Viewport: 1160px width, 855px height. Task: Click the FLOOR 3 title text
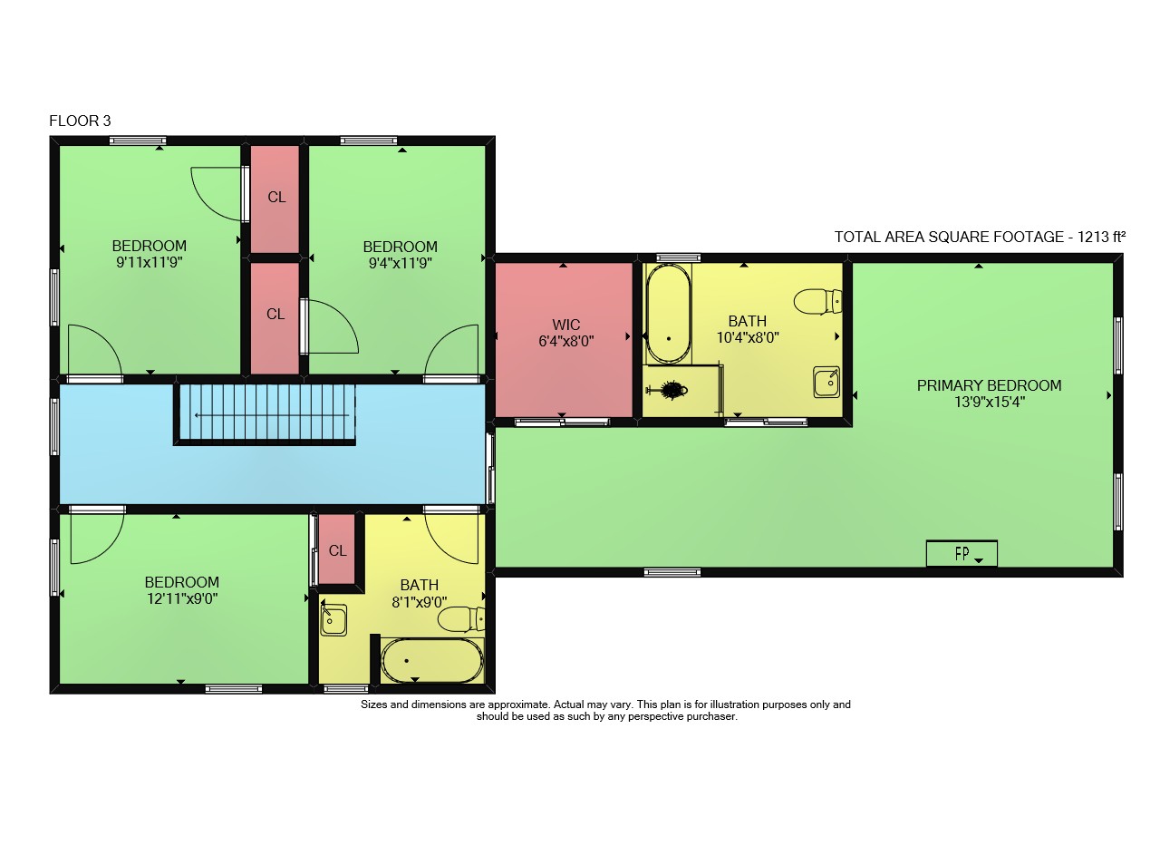point(80,121)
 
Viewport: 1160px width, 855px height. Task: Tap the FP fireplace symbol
point(962,553)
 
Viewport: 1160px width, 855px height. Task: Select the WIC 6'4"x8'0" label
point(566,333)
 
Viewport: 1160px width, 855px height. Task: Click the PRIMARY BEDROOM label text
point(989,385)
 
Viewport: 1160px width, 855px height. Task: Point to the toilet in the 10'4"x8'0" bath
point(817,301)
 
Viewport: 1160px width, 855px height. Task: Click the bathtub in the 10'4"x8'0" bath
point(669,314)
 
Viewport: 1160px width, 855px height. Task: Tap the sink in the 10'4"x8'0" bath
point(826,382)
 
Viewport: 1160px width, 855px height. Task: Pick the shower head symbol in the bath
point(669,390)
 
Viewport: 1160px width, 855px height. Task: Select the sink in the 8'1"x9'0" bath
point(333,619)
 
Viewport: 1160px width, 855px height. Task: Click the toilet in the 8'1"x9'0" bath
point(461,619)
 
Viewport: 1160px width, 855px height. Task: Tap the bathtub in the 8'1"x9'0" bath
point(432,661)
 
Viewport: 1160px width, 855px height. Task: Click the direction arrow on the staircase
point(272,415)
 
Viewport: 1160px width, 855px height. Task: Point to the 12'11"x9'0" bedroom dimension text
point(182,598)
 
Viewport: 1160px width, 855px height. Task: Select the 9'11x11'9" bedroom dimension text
point(150,262)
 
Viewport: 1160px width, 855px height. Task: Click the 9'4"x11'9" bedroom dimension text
point(401,263)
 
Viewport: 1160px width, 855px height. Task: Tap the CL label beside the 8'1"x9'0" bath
point(337,550)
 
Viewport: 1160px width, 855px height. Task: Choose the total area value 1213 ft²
point(1101,237)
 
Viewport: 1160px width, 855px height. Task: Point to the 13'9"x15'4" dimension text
point(990,402)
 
